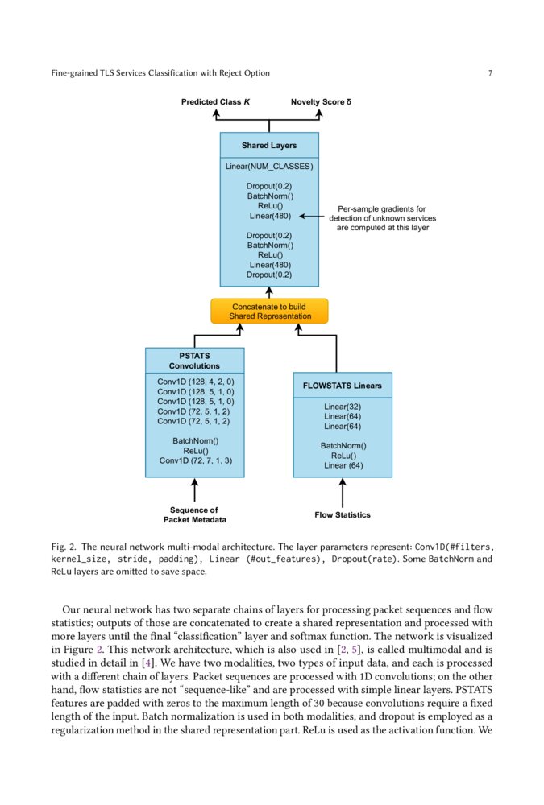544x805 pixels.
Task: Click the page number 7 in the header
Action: pos(490,73)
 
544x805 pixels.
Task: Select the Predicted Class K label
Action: pos(215,102)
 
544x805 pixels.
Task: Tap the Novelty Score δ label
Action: pos(321,102)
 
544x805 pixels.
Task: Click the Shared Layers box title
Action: pos(269,146)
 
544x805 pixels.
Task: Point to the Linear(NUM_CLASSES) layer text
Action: pos(269,167)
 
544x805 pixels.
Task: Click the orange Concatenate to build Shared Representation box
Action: pos(269,312)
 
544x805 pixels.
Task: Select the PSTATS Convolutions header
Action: pos(194,360)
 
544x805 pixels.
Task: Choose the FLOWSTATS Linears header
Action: pos(343,386)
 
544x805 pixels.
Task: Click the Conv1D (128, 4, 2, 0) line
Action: pos(194,382)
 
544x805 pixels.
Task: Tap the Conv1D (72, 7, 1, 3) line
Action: pos(194,461)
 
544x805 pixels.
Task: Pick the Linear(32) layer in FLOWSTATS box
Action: pos(343,407)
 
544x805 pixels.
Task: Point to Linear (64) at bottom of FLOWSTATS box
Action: pos(343,465)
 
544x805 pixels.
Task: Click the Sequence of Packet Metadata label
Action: pos(194,514)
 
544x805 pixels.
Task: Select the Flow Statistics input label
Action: pos(343,514)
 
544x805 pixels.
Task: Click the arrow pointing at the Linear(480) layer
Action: pos(311,217)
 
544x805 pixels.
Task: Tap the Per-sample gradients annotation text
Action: pos(382,218)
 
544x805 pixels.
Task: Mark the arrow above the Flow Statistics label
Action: pos(343,492)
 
